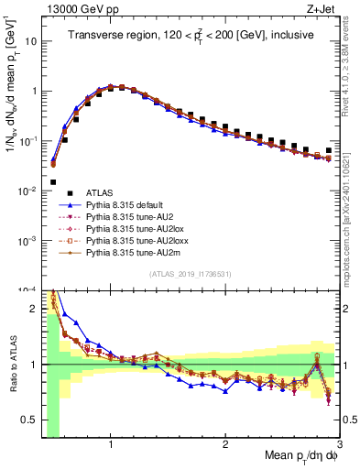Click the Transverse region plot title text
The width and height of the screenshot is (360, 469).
click(x=190, y=35)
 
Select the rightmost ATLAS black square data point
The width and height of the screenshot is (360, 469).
click(x=329, y=150)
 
